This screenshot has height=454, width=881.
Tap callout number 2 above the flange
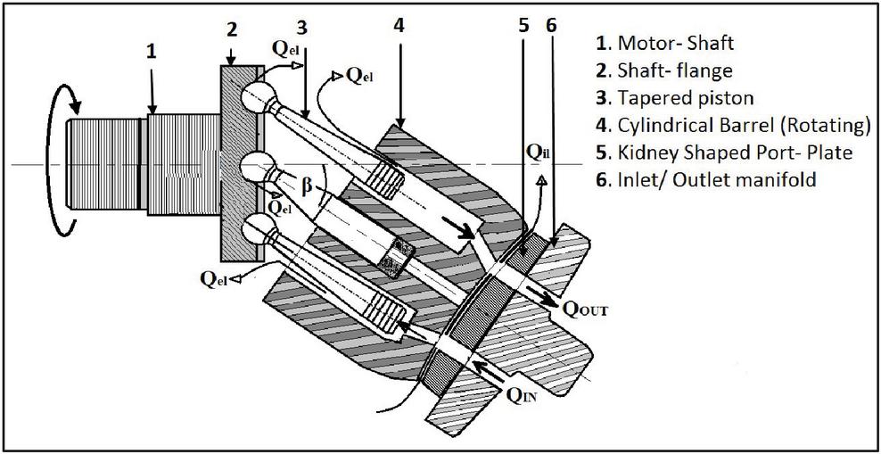pos(231,29)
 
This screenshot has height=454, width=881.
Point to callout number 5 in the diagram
pos(524,26)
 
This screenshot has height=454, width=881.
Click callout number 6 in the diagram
pos(551,26)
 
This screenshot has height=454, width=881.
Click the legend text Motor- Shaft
pos(669,41)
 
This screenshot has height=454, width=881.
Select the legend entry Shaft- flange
pos(669,69)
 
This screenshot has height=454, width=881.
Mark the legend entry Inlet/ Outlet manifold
pos(704,179)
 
